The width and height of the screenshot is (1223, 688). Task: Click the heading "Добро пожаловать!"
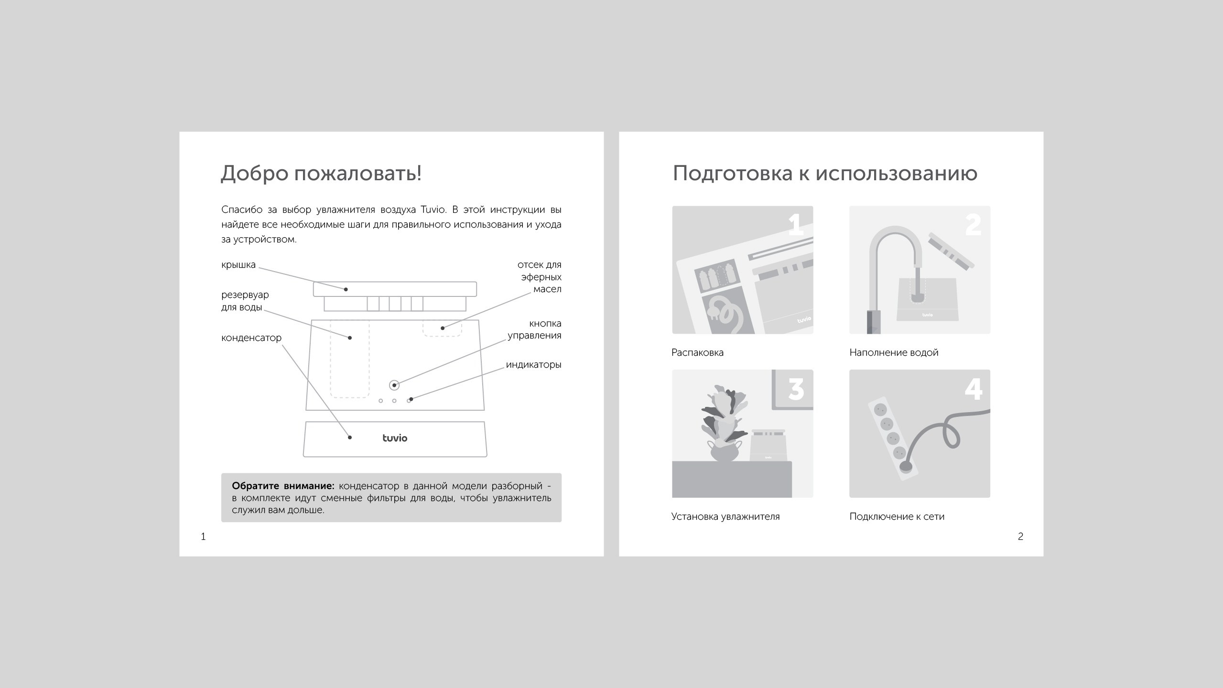pos(321,174)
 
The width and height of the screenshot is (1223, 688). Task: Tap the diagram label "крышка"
pos(238,265)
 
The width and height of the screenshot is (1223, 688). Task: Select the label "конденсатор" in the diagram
pos(251,338)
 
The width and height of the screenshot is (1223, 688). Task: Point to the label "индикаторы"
pos(533,365)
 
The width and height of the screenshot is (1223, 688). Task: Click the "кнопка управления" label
pos(534,329)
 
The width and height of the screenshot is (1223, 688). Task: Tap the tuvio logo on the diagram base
pos(395,437)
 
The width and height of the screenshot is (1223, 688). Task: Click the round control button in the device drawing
pos(394,385)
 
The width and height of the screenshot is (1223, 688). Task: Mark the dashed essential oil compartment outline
pos(442,328)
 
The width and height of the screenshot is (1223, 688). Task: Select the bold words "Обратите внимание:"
pos(283,486)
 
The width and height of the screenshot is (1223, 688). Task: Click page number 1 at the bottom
pos(203,536)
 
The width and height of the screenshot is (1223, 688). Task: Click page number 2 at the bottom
pos(1020,536)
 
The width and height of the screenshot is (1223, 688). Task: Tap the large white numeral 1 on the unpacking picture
pos(796,224)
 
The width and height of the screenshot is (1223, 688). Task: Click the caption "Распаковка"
pos(697,353)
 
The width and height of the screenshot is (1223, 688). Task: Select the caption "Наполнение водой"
pos(894,353)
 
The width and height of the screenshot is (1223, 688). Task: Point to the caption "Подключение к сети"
pos(897,517)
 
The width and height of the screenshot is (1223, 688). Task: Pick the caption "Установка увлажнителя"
pos(725,517)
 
